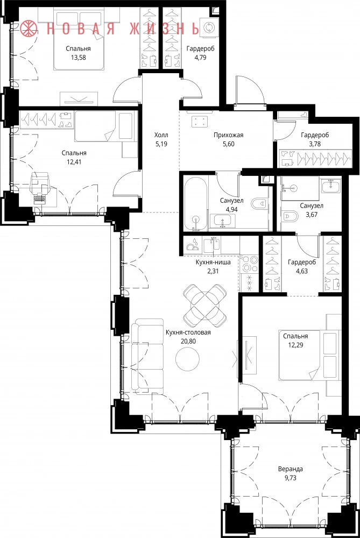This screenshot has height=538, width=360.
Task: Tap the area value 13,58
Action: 78,58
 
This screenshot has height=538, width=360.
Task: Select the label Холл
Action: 161,135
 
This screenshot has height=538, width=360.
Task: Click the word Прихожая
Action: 228,135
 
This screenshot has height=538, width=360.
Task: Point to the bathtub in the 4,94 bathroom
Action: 196,204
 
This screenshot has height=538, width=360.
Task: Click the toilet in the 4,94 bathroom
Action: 258,203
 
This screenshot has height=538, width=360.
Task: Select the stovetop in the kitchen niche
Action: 249,264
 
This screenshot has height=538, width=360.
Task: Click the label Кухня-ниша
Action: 213,263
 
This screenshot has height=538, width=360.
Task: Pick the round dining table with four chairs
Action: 205,306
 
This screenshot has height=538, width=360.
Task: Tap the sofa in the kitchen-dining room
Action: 147,356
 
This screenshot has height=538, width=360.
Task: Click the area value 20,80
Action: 188,342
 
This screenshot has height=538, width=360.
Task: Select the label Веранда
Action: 291,469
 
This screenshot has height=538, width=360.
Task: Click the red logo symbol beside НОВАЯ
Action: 28,29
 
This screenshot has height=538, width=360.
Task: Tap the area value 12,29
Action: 295,345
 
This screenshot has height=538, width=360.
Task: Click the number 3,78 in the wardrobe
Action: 315,144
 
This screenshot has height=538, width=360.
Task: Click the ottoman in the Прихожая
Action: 200,121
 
